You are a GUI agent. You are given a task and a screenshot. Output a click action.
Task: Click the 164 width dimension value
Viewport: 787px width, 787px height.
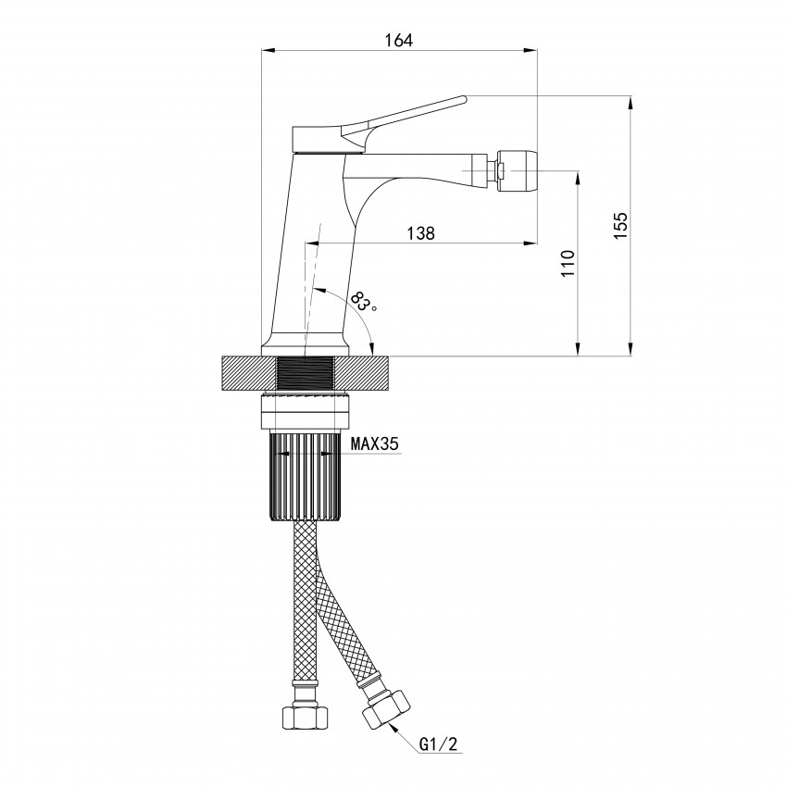coord(398,40)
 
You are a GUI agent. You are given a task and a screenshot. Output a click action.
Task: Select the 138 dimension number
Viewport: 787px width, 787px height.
coord(420,233)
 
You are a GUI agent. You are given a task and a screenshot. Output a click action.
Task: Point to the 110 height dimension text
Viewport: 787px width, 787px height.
coord(568,263)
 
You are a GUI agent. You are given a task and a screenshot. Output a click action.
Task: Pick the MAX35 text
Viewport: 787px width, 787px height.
coord(374,444)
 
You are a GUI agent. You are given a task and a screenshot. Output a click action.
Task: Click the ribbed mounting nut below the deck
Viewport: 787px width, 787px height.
coord(306,477)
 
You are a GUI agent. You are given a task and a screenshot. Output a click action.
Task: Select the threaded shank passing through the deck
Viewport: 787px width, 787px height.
coord(306,374)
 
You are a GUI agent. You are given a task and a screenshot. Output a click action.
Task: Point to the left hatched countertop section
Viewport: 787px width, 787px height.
coord(249,374)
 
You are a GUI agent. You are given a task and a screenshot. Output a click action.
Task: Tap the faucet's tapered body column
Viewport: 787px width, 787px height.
coord(310,250)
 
